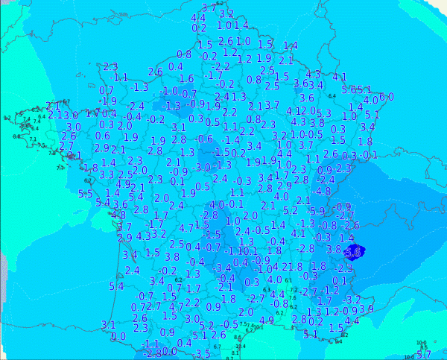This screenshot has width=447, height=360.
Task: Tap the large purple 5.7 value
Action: click(424, 354)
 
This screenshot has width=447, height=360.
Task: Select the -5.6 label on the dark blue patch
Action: click(352, 253)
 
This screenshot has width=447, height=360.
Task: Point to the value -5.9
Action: click(317, 212)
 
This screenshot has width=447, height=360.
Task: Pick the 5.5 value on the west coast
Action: click(86, 194)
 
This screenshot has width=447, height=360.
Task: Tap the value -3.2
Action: click(352, 300)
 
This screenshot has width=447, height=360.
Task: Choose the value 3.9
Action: click(366, 309)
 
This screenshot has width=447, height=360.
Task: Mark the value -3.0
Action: click(202, 168)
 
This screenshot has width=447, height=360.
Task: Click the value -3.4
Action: click(223, 268)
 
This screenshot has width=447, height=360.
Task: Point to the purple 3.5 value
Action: click(203, 354)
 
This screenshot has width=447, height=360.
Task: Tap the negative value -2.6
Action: click(349, 225)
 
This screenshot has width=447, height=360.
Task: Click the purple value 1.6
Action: click(187, 78)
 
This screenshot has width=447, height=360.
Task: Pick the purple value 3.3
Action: click(107, 175)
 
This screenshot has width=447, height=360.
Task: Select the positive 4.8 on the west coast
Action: click(118, 215)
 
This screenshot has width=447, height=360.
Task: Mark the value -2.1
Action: click(224, 286)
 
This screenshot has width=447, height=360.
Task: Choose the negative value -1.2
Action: click(332, 289)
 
